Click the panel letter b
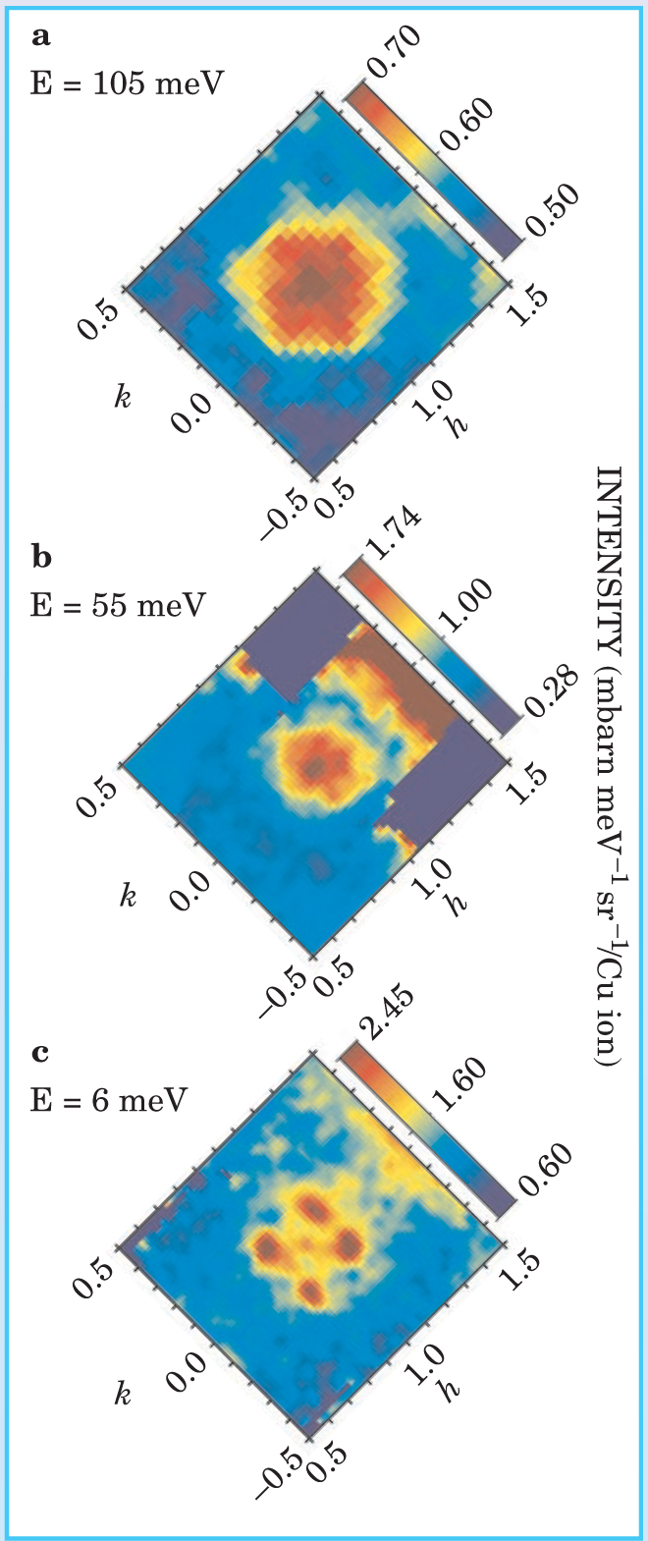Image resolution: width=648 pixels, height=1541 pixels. pos(41,557)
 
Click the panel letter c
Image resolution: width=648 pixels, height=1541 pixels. pos(40,1054)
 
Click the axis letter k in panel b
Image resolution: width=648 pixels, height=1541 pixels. pos(127,896)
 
